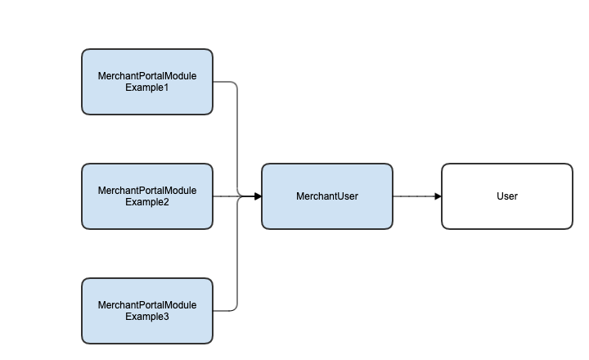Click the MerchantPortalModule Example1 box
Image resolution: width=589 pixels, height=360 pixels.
147,82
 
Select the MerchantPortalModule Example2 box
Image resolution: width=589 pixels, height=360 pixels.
147,196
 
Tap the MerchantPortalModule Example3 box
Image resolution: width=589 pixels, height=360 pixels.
147,311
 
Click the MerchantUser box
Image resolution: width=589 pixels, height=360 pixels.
327,196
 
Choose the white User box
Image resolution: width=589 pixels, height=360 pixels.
507,196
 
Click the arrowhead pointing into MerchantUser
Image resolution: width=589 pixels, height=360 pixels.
258,196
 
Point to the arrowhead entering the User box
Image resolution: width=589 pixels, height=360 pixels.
438,196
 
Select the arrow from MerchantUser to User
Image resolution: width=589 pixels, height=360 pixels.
417,196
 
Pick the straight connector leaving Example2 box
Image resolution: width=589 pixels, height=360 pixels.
237,196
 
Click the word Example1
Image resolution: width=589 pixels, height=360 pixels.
147,88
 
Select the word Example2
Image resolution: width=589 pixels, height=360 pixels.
147,202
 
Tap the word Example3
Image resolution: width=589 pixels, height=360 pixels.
147,317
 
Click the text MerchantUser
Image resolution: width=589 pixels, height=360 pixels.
327,196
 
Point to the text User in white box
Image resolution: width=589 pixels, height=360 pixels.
507,196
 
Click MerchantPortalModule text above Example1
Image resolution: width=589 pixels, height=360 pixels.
147,76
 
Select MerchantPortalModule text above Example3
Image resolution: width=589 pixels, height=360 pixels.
147,305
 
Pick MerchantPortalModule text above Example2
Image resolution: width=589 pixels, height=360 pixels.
147,191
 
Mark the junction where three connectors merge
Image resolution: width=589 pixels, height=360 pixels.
241,196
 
